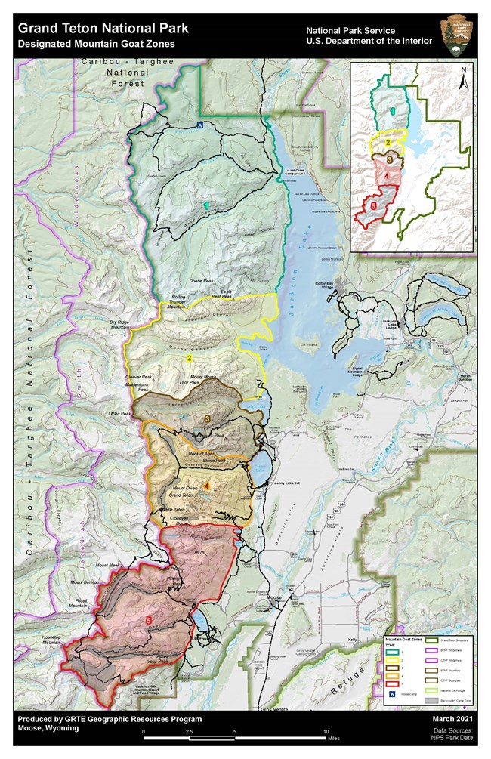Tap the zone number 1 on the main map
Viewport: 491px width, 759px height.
point(205,205)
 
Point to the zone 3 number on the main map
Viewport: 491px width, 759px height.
point(207,418)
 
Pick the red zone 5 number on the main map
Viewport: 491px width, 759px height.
point(148,621)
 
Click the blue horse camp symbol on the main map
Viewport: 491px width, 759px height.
point(199,125)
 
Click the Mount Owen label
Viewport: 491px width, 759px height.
point(185,488)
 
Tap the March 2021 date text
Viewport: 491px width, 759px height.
point(456,719)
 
